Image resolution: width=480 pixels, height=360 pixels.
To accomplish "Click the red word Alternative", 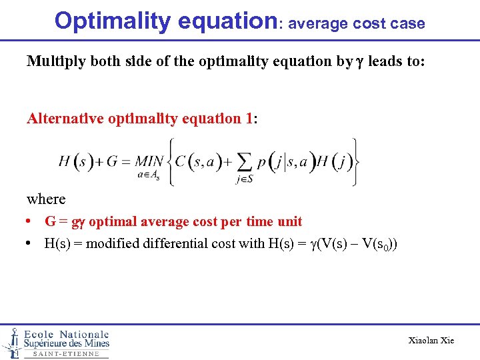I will click(x=66, y=119).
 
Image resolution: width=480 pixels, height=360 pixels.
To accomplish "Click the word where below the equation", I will click(x=46, y=199).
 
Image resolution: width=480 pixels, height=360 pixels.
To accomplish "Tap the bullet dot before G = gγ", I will click(x=31, y=221).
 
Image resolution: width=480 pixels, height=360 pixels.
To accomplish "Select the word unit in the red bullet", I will click(x=289, y=221).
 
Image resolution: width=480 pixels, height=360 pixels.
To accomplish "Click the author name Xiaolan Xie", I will click(x=431, y=341).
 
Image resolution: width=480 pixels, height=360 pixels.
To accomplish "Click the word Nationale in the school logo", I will click(x=84, y=334).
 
